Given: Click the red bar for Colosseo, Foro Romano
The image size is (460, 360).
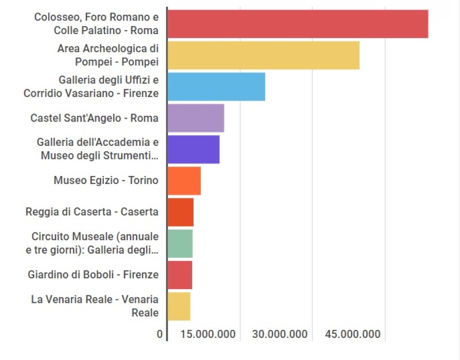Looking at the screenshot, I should pyautogui.click(x=297, y=24).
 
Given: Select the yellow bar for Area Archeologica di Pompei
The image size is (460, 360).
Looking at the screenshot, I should pyautogui.click(x=263, y=55).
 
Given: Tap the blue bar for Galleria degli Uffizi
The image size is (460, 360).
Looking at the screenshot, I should pyautogui.click(x=216, y=87).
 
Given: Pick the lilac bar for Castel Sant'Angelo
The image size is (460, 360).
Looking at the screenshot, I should pyautogui.click(x=195, y=118).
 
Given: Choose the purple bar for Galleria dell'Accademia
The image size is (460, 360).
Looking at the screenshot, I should pyautogui.click(x=193, y=149).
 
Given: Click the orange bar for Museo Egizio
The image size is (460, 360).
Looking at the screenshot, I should pyautogui.click(x=184, y=180).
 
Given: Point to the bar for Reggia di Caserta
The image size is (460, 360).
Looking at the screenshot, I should pyautogui.click(x=180, y=212).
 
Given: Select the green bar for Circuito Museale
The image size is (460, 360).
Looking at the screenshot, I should pyautogui.click(x=180, y=243).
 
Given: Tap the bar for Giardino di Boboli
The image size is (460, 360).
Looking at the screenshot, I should pyautogui.click(x=180, y=275).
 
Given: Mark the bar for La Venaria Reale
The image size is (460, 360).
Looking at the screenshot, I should pyautogui.click(x=179, y=306).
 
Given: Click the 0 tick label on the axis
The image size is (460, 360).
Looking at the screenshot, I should pyautogui.click(x=159, y=334).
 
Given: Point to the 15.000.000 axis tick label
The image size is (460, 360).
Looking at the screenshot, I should pyautogui.click(x=208, y=334).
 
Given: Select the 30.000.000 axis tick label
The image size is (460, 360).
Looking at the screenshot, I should pyautogui.click(x=280, y=334).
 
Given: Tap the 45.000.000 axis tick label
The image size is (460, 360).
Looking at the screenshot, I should pyautogui.click(x=353, y=334).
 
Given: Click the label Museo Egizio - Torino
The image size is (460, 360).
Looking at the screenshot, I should pyautogui.click(x=106, y=180).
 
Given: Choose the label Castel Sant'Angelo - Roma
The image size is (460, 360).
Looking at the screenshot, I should pyautogui.click(x=94, y=118).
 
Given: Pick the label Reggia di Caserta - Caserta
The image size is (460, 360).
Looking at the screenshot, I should pyautogui.click(x=92, y=212).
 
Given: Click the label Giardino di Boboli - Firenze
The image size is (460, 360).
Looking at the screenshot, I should pyautogui.click(x=93, y=275).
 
